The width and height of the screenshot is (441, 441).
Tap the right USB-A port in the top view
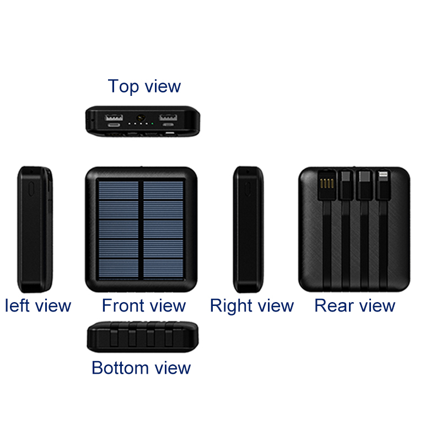pyautogui.click(x=168, y=117)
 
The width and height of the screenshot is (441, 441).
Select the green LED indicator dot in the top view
pyautogui.click(x=152, y=125)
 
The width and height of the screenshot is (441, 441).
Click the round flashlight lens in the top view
pyautogui.click(x=141, y=117)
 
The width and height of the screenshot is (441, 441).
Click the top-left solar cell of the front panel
pyautogui.click(x=119, y=190)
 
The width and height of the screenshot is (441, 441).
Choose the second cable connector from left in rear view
pyautogui.click(x=346, y=183)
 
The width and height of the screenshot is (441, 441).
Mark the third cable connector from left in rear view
pyautogui.click(x=364, y=183)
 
